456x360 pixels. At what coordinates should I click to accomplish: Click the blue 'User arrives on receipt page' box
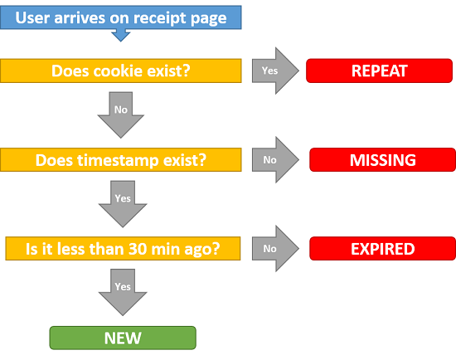pos(121,17)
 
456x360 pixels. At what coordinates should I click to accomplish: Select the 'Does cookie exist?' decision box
pos(121,71)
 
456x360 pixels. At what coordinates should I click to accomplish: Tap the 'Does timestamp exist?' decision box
pos(121,160)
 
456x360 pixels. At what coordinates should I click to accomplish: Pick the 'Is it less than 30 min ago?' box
pos(123,249)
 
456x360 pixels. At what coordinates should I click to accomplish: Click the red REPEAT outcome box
pos(379,71)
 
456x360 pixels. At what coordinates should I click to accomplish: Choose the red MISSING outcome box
pos(382,160)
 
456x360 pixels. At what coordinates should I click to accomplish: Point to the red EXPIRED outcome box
pos(382,249)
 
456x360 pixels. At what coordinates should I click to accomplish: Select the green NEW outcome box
pos(123,338)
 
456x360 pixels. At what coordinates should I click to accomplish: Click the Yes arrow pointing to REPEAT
pos(275,71)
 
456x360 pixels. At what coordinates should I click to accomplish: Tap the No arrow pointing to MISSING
pos(275,160)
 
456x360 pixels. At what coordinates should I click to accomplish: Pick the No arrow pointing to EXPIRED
pos(275,249)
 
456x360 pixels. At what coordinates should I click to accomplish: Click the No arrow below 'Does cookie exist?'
pos(121,114)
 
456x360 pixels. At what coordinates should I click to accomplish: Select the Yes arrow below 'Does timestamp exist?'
pos(123,204)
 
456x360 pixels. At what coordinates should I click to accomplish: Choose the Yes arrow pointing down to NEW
pos(123,292)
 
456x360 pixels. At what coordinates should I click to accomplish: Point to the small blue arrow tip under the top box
pos(121,35)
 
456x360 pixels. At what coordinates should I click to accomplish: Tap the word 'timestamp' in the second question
pos(118,160)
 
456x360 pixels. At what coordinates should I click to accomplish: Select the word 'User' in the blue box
pos(32,17)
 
